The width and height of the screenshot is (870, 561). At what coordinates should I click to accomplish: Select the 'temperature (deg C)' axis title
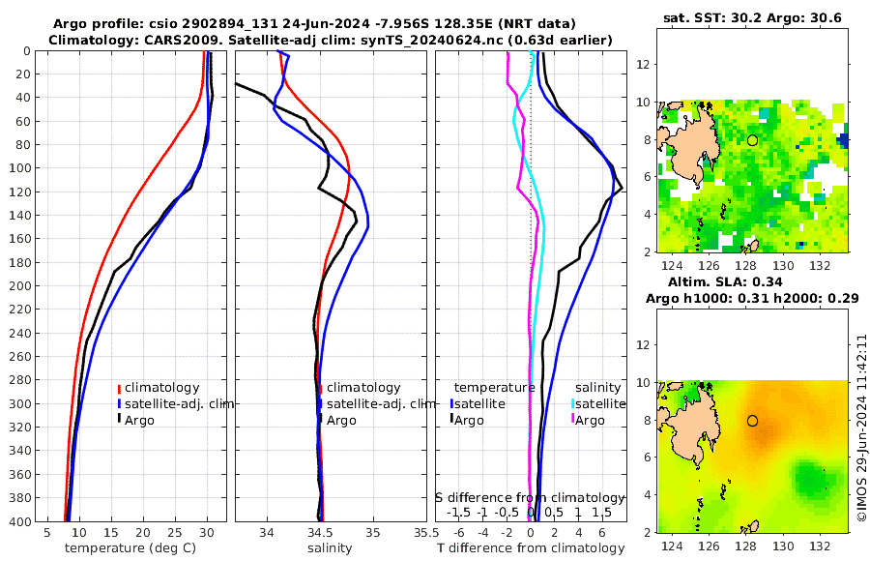coord(131,548)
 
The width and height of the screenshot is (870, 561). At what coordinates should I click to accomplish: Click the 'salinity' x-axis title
coord(330,548)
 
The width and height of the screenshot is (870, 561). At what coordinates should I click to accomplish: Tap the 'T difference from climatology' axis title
coord(531,548)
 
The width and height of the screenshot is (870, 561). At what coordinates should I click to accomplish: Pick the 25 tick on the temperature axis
coord(175,532)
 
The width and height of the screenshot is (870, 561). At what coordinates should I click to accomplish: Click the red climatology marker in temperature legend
coord(120,388)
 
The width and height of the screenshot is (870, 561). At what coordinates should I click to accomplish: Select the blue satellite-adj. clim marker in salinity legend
coord(320,403)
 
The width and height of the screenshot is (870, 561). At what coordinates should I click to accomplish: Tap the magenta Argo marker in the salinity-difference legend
coord(572,420)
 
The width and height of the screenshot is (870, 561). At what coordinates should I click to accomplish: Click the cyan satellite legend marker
coord(572,403)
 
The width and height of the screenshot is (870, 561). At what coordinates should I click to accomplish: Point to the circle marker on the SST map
coord(752,140)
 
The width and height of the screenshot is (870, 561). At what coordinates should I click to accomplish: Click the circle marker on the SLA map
coord(752,421)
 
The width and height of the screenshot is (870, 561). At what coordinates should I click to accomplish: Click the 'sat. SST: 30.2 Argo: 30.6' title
coord(753,17)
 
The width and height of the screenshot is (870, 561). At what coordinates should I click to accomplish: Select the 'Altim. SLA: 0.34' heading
coord(752,281)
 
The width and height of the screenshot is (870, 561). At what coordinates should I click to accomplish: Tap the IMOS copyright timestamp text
coord(861,428)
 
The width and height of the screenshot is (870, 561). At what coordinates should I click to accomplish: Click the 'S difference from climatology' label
coord(530,497)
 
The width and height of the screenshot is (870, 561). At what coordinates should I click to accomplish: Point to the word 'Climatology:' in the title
coord(88,40)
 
